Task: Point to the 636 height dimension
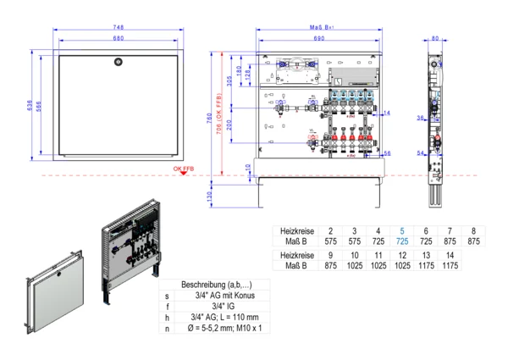click(29, 106)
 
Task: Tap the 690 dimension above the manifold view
click(318, 39)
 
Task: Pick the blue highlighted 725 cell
click(402, 241)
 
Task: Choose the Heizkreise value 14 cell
click(450, 254)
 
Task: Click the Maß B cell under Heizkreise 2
click(330, 241)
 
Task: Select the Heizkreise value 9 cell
click(330, 254)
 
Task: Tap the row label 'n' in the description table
click(168, 328)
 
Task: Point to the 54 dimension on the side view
click(421, 153)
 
